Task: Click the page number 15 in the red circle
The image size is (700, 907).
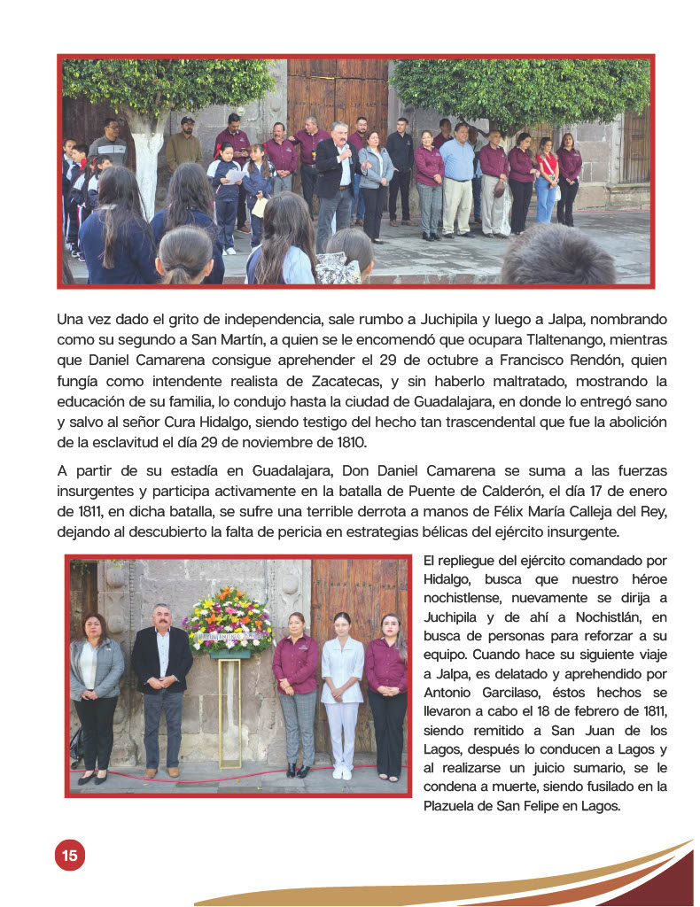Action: tap(69, 856)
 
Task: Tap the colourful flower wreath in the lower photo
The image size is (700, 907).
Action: tap(228, 621)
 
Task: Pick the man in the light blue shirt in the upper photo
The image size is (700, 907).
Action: tap(457, 182)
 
